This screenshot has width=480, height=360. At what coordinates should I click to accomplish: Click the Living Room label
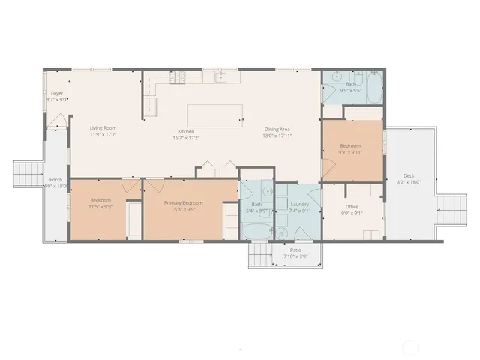coord(103,128)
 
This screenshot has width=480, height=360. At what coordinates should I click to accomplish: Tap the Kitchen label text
coord(185,131)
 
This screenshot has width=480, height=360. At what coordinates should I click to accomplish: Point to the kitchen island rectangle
coord(214,115)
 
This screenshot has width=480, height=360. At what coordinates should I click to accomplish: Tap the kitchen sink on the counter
coord(222,77)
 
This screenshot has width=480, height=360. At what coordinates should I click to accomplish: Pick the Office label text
coord(352,206)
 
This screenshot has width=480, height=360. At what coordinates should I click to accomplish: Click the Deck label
coord(409,175)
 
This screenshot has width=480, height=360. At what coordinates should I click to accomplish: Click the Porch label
coord(56,180)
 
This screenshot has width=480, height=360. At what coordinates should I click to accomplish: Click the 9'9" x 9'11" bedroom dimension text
coord(350,152)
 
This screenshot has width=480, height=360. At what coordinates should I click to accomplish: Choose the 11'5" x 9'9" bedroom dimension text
coord(101,207)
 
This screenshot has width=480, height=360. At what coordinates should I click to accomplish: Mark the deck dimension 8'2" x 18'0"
coord(409,181)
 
